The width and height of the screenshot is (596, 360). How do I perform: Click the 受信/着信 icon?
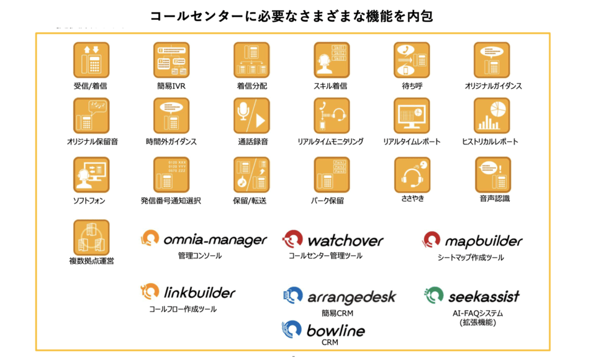pyautogui.click(x=91, y=60)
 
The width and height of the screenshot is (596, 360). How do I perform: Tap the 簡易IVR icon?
pyautogui.click(x=171, y=60)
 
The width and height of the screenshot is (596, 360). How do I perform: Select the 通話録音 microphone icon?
pyautogui.click(x=251, y=115)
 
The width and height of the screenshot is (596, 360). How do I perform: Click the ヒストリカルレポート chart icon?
pyautogui.click(x=492, y=115)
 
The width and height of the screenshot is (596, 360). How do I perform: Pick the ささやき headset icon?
pyautogui.click(x=412, y=174)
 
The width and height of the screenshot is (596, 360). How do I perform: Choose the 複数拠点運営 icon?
pyautogui.click(x=91, y=237)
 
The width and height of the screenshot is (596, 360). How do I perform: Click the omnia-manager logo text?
pyautogui.click(x=215, y=240)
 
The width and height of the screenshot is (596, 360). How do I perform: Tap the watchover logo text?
pyautogui.click(x=345, y=240)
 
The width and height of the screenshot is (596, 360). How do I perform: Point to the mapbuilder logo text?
pyautogui.click(x=484, y=241)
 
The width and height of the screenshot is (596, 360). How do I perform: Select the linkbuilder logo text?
pyautogui.click(x=199, y=292)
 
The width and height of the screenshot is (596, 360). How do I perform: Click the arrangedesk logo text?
pyautogui.click(x=351, y=297)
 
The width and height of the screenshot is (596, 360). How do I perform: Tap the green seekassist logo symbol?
pyautogui.click(x=434, y=295)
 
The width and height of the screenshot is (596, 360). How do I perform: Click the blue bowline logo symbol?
pyautogui.click(x=292, y=330)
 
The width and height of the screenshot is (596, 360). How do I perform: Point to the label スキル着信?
pyautogui.click(x=331, y=86)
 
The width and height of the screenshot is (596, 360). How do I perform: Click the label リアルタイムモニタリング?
pyautogui.click(x=331, y=142)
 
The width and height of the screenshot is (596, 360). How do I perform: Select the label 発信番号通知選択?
pyautogui.click(x=171, y=200)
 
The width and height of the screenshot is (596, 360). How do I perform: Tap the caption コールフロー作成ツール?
pyautogui.click(x=183, y=308)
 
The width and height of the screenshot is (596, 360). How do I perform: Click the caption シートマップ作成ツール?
pyautogui.click(x=471, y=257)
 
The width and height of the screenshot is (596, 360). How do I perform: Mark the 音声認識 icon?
pyautogui.click(x=492, y=174)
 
